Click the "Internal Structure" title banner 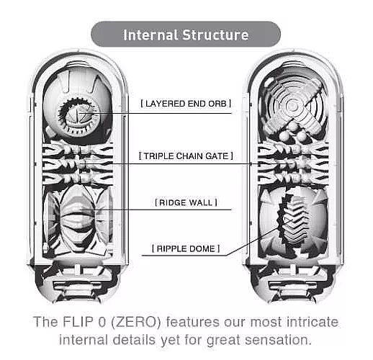pos(186,35)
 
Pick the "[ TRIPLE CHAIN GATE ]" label pos(186,156)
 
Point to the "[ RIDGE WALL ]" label pos(186,203)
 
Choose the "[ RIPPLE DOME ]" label pos(186,249)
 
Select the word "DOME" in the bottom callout pos(205,249)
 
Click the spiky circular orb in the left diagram pos(75,113)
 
